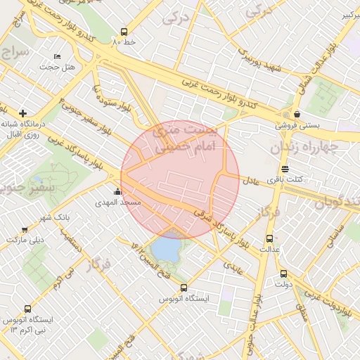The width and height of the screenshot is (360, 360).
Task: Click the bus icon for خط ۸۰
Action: [124, 32]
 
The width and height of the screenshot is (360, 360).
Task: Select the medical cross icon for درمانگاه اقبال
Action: [23, 112]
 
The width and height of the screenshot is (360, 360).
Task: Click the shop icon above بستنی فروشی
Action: [297, 114]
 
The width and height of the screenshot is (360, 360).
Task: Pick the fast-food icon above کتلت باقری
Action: [285, 169]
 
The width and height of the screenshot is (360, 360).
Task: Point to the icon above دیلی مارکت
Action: [25, 229]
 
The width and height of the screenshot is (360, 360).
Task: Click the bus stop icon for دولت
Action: [283, 274]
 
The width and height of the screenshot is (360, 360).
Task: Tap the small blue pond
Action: [165, 247]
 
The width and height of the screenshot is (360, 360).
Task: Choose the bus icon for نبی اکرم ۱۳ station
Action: [27, 309]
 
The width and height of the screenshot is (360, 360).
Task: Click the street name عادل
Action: [252, 181]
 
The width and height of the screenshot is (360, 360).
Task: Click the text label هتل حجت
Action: [77, 67]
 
